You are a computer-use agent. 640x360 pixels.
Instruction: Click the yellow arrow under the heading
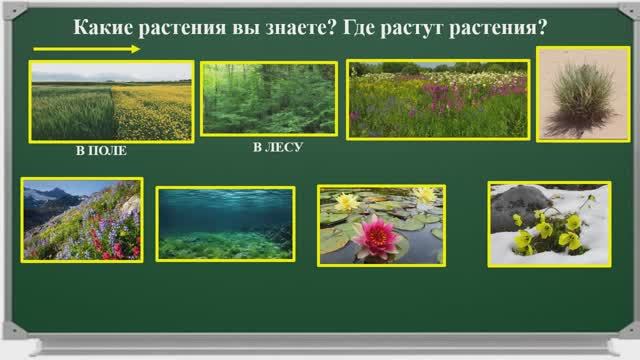[84, 49]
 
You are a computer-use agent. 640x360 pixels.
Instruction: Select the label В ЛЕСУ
[277, 147]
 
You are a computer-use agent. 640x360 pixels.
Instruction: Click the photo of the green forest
[267, 98]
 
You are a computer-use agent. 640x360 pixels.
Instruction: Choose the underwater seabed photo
[225, 223]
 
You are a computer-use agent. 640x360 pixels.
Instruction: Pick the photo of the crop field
[110, 101]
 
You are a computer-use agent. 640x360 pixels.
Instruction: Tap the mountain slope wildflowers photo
[82, 220]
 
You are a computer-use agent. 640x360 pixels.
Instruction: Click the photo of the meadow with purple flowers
[438, 98]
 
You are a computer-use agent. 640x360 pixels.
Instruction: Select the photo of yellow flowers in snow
[549, 224]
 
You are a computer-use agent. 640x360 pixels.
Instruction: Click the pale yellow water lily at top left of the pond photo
[347, 201]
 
